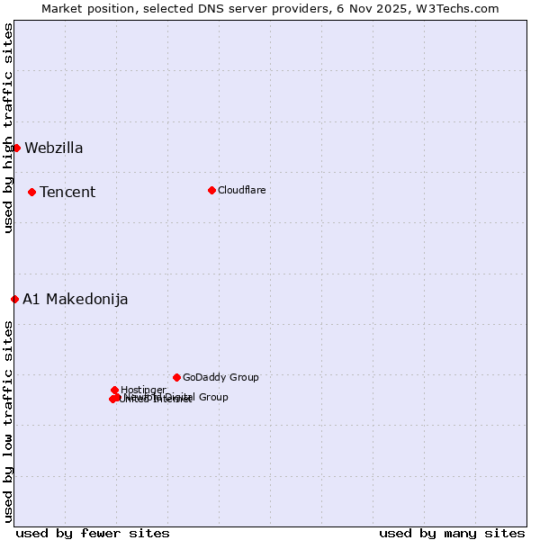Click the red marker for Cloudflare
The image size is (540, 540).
click(x=211, y=190)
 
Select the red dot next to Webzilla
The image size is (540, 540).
click(x=16, y=148)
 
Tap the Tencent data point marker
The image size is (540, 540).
click(x=31, y=192)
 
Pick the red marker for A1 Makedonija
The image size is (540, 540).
click(x=14, y=299)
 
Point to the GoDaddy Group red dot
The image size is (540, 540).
click(x=176, y=377)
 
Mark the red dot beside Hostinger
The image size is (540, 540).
click(x=114, y=390)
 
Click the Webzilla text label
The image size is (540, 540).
click(x=54, y=148)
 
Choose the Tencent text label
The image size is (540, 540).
click(x=67, y=193)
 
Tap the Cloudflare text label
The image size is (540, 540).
click(x=242, y=190)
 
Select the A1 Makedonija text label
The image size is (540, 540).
click(x=76, y=300)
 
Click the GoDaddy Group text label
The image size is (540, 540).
click(x=220, y=378)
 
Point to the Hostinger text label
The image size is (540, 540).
click(x=143, y=390)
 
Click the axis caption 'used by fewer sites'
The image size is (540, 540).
click(x=93, y=534)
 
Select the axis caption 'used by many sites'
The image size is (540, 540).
click(x=452, y=534)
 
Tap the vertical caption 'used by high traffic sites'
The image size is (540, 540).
click(x=8, y=128)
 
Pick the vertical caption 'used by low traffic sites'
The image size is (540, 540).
click(x=8, y=421)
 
